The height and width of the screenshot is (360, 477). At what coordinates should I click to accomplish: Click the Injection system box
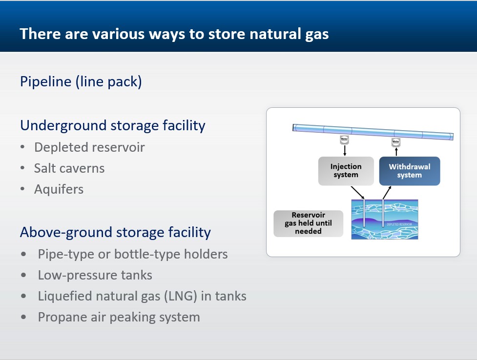click(346, 171)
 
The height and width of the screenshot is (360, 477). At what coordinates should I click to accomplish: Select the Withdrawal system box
click(409, 171)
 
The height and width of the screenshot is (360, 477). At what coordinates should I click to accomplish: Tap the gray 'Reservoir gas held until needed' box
click(308, 223)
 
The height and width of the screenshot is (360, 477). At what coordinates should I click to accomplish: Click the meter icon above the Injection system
click(344, 140)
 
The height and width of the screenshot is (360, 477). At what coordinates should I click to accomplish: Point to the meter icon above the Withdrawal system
click(396, 142)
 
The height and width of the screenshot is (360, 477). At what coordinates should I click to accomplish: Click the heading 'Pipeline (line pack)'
click(81, 81)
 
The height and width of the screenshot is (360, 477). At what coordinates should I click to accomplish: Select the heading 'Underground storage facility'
click(112, 125)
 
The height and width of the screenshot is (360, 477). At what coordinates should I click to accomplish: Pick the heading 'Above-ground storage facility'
click(115, 232)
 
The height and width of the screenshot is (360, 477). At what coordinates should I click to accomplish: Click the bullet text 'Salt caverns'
click(69, 168)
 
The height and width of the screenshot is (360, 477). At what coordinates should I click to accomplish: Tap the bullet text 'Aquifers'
click(59, 189)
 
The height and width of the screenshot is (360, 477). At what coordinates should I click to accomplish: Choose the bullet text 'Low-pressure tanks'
click(95, 275)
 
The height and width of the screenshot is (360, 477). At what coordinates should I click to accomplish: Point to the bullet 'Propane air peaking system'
click(119, 317)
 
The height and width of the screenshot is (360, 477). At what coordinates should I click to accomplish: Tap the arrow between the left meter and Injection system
click(344, 151)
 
